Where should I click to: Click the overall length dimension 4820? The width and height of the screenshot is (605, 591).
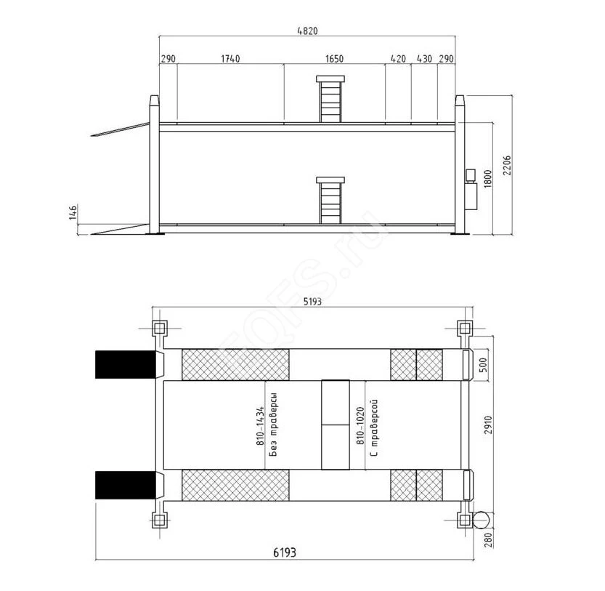point(307,31)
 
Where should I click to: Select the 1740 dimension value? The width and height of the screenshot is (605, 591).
point(230,59)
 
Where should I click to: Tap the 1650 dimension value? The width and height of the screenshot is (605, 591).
point(334,59)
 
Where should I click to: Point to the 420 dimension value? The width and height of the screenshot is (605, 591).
point(398,59)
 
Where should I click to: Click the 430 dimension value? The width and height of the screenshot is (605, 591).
point(424,59)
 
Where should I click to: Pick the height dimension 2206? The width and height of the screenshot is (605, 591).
point(507,165)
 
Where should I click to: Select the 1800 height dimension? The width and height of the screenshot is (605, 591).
point(488,179)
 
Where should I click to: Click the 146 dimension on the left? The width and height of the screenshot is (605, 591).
point(73,213)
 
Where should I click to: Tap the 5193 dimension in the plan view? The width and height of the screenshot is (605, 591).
point(312,302)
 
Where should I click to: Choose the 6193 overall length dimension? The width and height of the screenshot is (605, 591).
point(285,552)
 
